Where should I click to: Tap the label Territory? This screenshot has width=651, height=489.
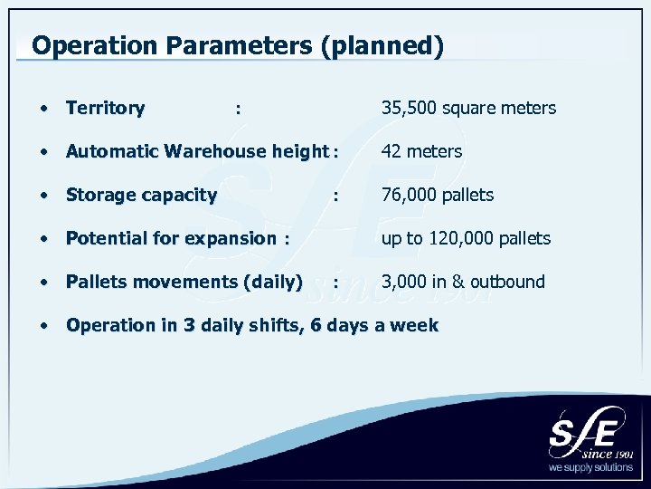105,109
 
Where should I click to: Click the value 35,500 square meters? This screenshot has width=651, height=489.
468,109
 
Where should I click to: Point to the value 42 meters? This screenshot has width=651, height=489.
421,151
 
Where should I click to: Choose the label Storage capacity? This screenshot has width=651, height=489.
141,195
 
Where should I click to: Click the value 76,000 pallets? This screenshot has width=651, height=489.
438,195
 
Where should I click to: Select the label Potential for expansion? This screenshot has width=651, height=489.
171,238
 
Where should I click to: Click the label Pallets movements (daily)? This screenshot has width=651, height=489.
184,282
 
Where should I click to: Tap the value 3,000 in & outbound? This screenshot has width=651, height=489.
463,282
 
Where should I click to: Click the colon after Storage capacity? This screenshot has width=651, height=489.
335,195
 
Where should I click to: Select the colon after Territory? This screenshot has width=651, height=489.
237,109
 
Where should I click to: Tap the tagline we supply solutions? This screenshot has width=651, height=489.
591,469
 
